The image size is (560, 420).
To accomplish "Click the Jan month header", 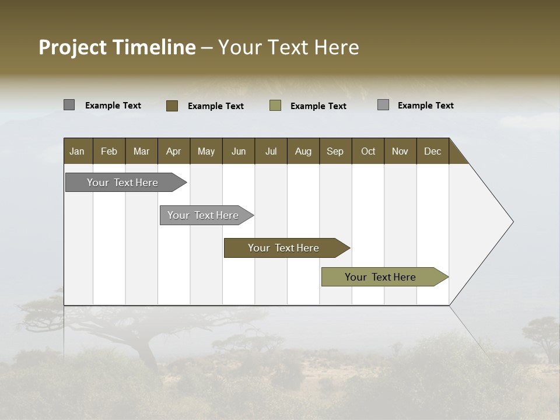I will [x=77, y=151].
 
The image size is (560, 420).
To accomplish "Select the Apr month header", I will [x=173, y=151].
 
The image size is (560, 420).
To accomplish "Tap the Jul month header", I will [x=271, y=151].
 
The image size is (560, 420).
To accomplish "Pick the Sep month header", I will [x=335, y=151].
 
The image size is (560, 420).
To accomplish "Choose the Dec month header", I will [x=432, y=151].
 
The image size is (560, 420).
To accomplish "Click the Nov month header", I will [x=400, y=151].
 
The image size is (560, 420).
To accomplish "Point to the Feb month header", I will [x=109, y=151].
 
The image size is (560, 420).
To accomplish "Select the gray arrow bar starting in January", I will [x=123, y=183].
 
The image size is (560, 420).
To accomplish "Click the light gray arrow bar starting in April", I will [x=203, y=215].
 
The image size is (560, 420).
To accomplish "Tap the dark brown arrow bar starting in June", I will [x=283, y=248].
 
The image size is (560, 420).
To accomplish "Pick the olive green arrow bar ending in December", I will [x=380, y=277].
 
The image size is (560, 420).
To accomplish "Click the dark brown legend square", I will [x=171, y=106].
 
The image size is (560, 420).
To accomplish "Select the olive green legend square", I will [x=275, y=106].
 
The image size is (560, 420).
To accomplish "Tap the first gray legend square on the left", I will [x=69, y=105].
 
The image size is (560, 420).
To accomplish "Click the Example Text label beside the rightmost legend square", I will [x=425, y=106].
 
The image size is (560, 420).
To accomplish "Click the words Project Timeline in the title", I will [x=117, y=47].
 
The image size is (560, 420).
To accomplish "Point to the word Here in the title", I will [x=337, y=47].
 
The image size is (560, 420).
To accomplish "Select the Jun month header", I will [x=238, y=151].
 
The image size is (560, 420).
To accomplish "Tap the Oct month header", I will [x=368, y=151].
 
